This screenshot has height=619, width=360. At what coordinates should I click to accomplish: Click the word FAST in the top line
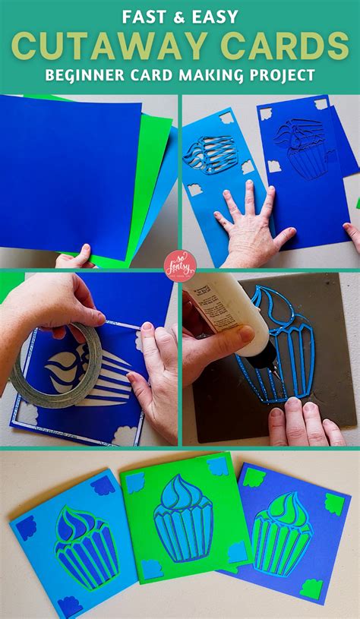(x=152, y=16)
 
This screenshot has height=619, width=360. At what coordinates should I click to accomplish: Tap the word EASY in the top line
(x=216, y=16)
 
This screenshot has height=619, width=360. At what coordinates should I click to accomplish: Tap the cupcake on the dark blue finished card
(x=282, y=531)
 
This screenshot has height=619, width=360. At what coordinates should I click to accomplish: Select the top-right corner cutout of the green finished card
(x=217, y=465)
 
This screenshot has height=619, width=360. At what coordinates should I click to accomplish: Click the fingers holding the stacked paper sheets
(x=76, y=258)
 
